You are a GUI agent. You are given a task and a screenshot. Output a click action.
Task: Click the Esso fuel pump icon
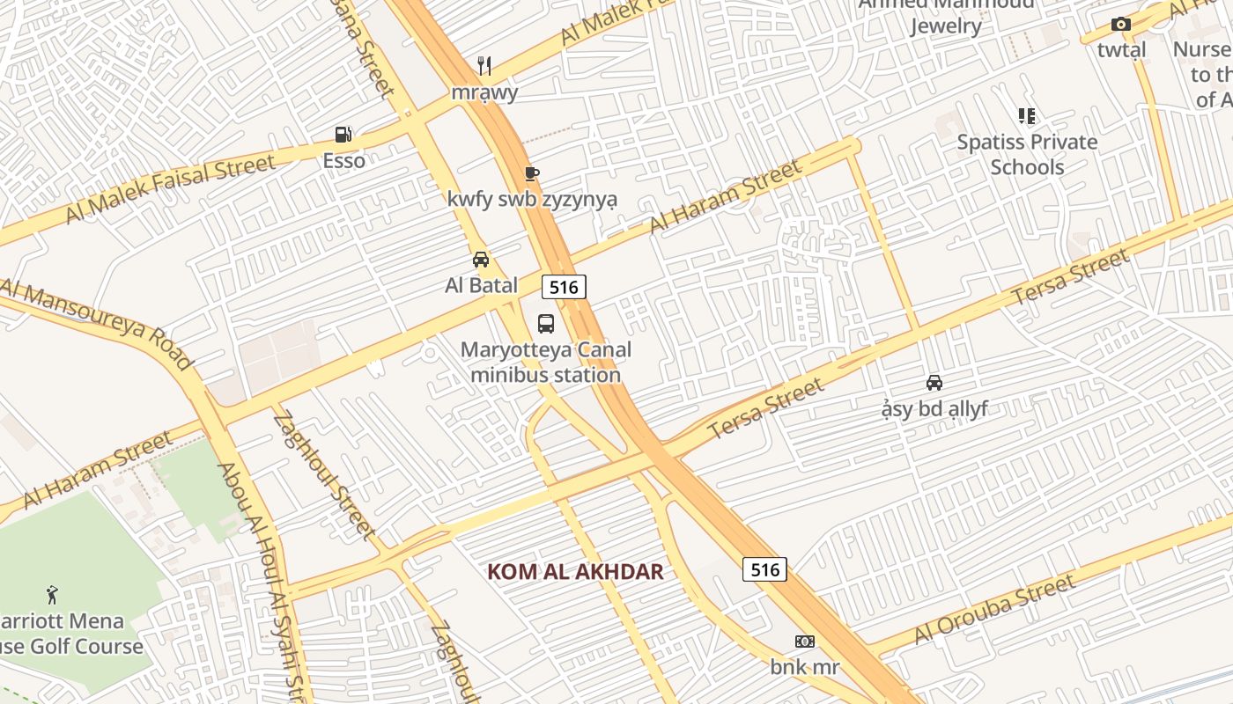point(343,135)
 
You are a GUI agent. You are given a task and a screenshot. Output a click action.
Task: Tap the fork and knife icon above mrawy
point(484,65)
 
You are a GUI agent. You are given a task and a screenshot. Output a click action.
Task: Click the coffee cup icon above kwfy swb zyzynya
point(531,173)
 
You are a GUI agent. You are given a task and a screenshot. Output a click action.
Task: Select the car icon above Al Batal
point(481,259)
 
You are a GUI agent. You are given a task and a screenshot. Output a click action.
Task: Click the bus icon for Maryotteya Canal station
point(546,323)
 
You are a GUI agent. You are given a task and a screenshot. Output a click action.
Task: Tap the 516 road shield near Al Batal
point(564,287)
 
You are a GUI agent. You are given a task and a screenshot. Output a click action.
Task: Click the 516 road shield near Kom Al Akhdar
point(764,569)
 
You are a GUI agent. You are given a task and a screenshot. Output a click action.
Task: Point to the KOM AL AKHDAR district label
point(575,572)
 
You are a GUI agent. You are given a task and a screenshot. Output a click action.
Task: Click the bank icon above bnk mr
point(805,642)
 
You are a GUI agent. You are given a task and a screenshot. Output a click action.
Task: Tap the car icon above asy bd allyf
point(934,382)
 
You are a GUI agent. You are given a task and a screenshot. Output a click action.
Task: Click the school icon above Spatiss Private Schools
point(1027,115)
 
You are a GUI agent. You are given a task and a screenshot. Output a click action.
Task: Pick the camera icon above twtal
point(1120,25)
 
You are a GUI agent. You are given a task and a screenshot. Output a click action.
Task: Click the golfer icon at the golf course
point(52,595)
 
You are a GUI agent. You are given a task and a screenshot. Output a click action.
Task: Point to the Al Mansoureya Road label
point(97,324)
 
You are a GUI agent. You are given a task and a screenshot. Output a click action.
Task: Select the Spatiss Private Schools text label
point(1027,154)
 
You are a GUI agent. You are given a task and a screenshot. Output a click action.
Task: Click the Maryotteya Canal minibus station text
point(546,362)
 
